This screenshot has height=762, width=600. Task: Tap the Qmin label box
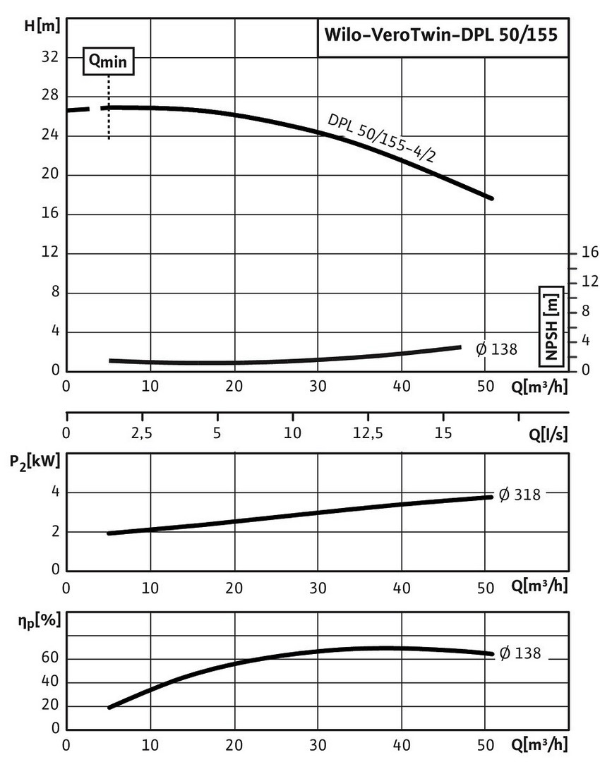tap(108, 61)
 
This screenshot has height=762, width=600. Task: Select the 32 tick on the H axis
tap(51, 56)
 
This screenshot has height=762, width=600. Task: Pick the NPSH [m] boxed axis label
tap(551, 326)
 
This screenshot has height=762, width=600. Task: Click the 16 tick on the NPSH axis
tap(589, 253)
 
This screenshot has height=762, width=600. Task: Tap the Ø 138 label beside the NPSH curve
tap(497, 349)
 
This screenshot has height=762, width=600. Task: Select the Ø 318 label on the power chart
tap(520, 495)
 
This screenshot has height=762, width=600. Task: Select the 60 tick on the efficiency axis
tap(50, 659)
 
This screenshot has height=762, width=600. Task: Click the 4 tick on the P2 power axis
tap(53, 492)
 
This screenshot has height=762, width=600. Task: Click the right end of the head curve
tap(491, 198)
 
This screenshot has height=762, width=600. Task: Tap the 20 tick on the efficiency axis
tap(50, 706)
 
